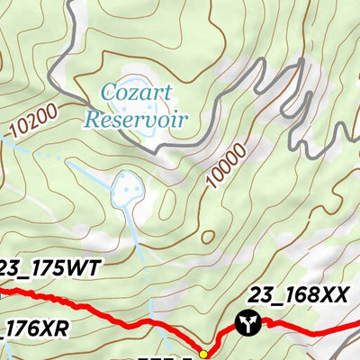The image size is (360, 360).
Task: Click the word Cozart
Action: pyautogui.click(x=132, y=91)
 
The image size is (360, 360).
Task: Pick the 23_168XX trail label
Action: pyautogui.click(x=296, y=293)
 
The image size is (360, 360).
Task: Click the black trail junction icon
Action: pyautogui.click(x=245, y=322)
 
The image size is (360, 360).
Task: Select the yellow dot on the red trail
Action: pyautogui.click(x=203, y=353)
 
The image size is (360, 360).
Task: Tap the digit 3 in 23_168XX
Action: pyautogui.click(x=261, y=293)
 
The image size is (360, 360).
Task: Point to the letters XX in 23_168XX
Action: pyautogui.click(x=332, y=293)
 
